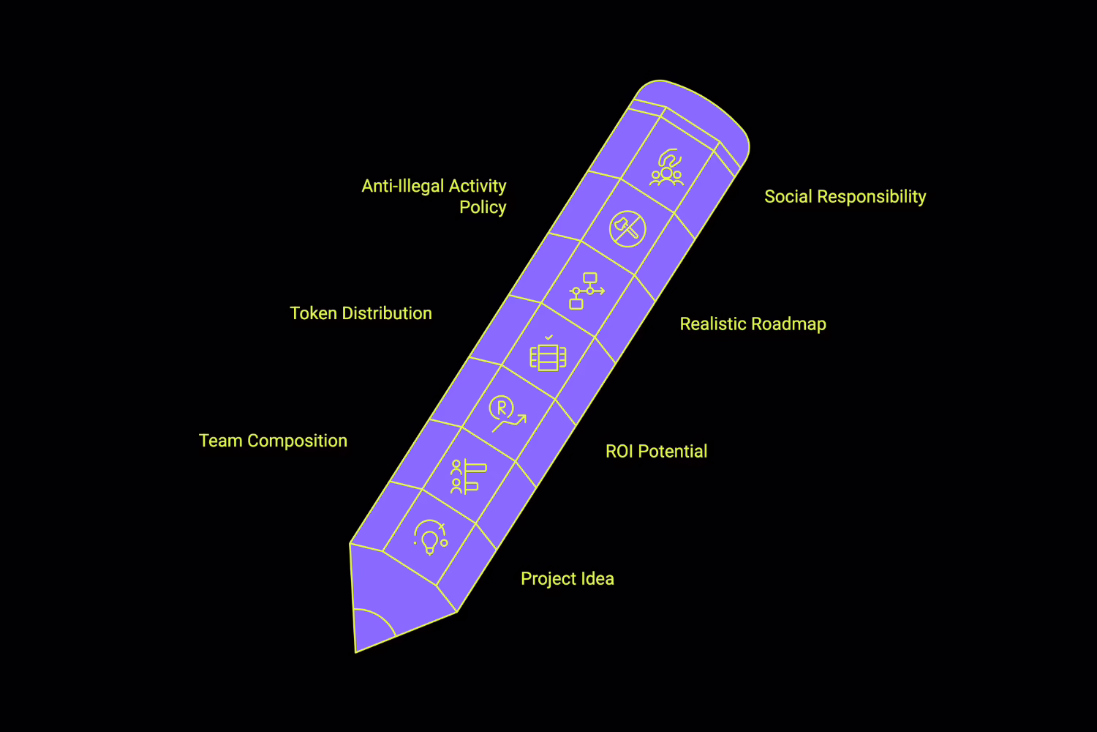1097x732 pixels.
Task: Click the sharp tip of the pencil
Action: (355, 652)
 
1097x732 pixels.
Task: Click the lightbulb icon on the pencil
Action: (431, 537)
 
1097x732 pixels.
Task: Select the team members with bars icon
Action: (469, 477)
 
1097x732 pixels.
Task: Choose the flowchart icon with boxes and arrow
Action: (587, 291)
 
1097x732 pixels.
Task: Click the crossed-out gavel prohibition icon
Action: (627, 229)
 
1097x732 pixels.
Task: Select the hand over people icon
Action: (666, 168)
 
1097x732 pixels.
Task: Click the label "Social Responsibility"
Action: (845, 197)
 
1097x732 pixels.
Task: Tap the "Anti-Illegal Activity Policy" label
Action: (434, 196)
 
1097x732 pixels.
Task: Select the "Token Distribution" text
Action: (361, 313)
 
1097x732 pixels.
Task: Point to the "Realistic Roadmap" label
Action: (753, 324)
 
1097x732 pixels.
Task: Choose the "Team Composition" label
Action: (273, 441)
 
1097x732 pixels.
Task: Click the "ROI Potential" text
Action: (656, 451)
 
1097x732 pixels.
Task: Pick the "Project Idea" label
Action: (567, 579)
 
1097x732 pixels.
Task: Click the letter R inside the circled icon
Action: (502, 408)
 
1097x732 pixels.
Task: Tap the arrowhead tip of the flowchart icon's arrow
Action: (605, 291)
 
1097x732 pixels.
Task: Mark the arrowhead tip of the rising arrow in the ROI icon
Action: (526, 416)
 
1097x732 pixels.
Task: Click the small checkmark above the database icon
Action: (549, 337)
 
